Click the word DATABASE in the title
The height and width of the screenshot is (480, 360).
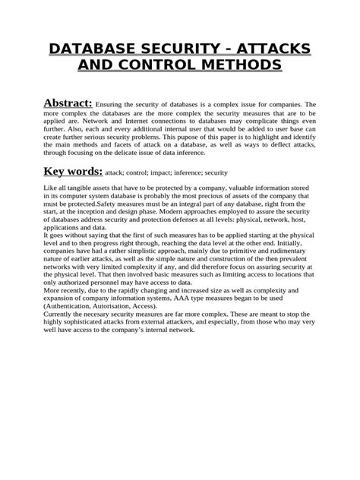click(x=90, y=51)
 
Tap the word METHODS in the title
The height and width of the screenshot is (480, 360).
click(x=231, y=68)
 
